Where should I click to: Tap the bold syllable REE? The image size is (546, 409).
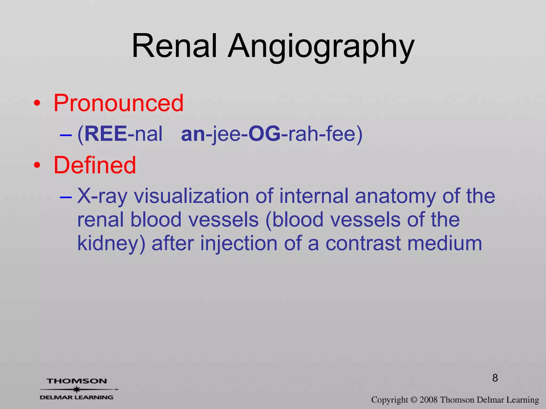tap(106, 134)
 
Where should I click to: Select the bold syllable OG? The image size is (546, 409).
tap(264, 134)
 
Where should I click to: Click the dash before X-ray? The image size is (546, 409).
tap(66, 197)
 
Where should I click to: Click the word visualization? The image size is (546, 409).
tap(191, 196)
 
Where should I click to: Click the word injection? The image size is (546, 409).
tap(239, 244)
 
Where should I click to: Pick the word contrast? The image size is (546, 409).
tap(363, 244)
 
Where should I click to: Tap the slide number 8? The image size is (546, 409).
tap(495, 378)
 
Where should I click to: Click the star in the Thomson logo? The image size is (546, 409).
tap(77, 389)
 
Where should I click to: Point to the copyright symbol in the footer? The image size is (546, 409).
tap(413, 400)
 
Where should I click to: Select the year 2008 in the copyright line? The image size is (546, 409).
tap(429, 400)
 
